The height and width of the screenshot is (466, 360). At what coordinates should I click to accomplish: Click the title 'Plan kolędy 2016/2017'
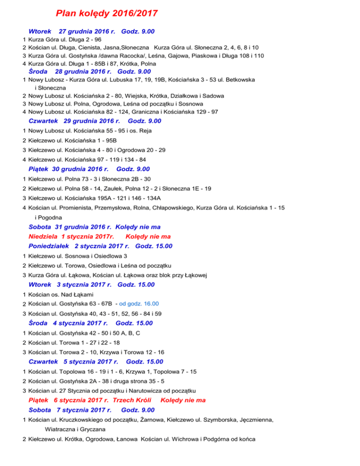tap(107, 13)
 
